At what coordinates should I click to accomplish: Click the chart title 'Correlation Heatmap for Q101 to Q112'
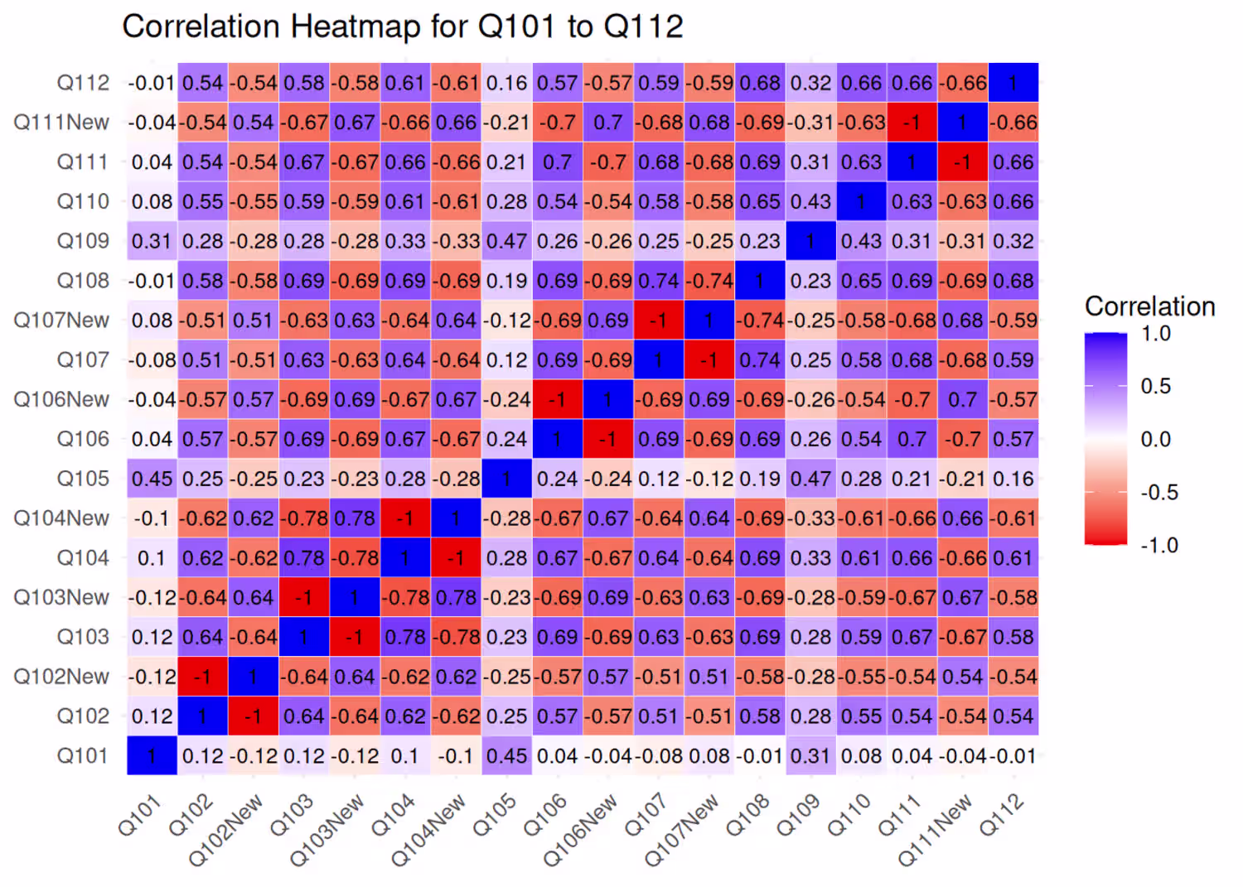point(402,27)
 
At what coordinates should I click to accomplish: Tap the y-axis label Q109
point(83,241)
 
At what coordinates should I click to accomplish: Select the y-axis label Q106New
point(61,399)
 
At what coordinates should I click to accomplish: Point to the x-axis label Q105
point(496,815)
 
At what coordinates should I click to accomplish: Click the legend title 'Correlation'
point(1149,306)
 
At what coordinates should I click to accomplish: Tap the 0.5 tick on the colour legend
point(1155,386)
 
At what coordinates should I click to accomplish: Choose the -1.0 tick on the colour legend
point(1158,545)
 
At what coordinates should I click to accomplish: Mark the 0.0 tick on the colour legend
point(1155,439)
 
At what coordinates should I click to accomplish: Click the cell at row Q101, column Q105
point(506,756)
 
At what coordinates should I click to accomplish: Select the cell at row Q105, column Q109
point(810,479)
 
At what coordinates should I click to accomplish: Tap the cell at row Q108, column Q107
point(659,281)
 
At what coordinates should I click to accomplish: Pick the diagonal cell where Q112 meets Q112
point(1013,83)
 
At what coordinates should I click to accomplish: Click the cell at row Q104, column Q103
point(304,558)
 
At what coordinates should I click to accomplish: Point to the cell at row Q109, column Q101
point(152,241)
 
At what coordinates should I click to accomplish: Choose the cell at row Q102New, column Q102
point(202,677)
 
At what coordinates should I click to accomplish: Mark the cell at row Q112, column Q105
point(506,83)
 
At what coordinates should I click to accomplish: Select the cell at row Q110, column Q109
point(810,201)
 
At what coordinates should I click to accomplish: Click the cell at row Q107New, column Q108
point(760,321)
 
